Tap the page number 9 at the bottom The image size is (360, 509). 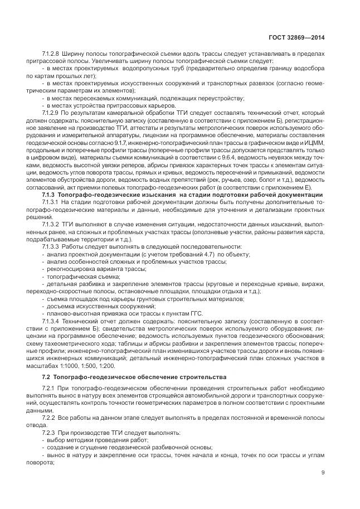click(323, 473)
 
